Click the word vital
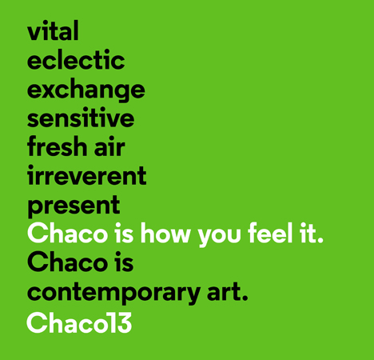(53, 30)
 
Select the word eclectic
(76, 59)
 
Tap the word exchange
(86, 90)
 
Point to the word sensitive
(81, 118)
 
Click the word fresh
(56, 146)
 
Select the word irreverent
(87, 175)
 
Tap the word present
(74, 206)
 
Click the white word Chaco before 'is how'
(67, 233)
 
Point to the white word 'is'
(124, 233)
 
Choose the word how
(165, 233)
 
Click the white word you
(219, 235)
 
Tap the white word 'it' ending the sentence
(312, 233)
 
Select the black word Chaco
(67, 262)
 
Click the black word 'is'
(124, 262)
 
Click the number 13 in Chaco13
(121, 322)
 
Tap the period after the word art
(245, 298)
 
